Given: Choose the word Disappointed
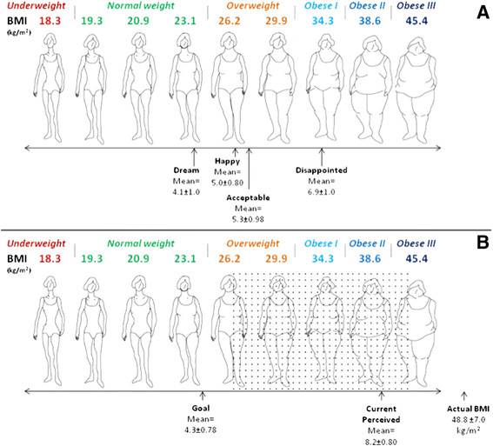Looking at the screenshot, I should pos(321,170).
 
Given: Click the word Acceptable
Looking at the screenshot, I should pos(249,198).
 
